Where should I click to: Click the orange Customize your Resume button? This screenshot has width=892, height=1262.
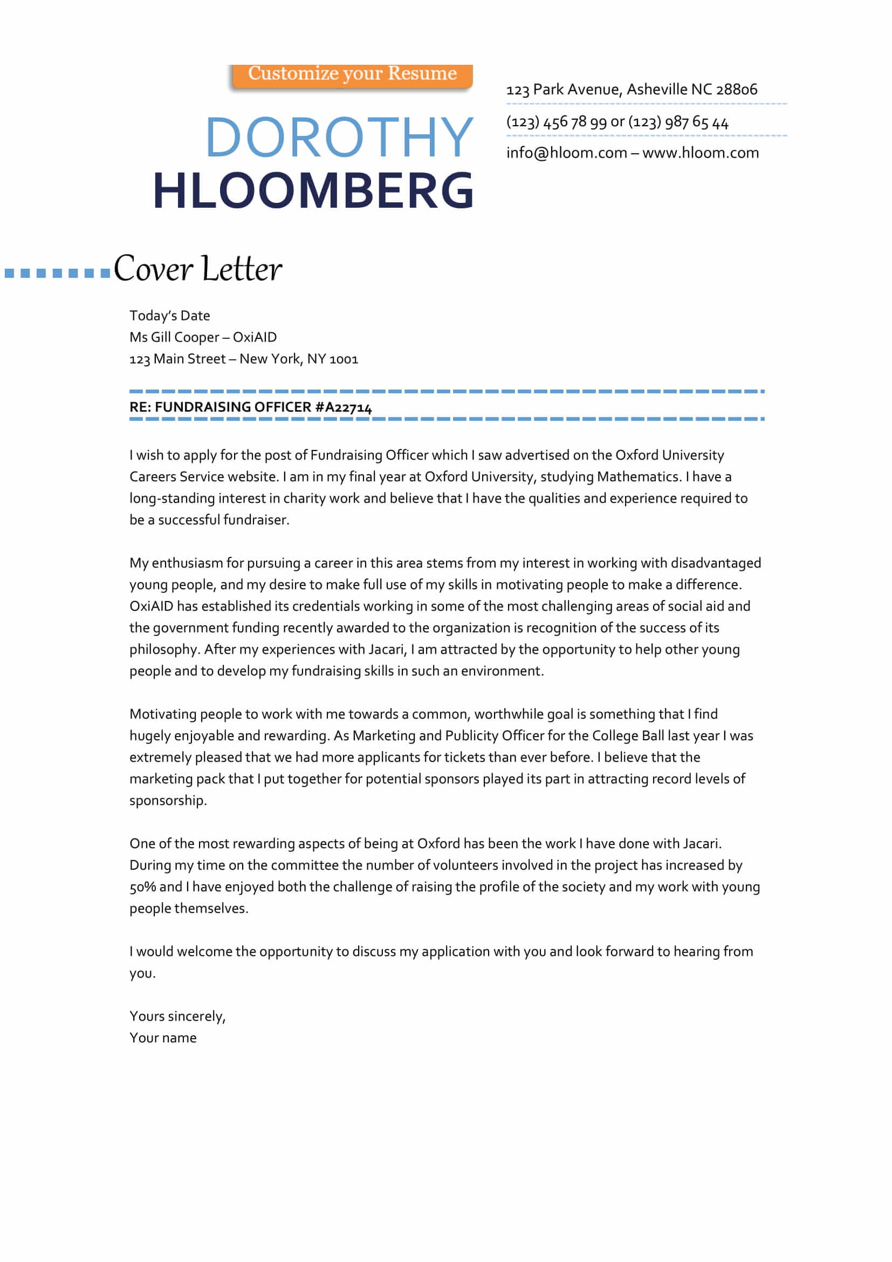click(352, 75)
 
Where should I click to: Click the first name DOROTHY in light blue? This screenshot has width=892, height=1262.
click(339, 138)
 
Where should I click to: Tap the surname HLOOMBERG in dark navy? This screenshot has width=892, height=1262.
click(313, 190)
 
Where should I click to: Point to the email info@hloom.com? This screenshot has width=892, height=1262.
click(566, 153)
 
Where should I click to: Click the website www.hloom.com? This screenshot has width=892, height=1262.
click(701, 153)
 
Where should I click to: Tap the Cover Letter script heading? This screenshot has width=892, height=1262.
click(198, 269)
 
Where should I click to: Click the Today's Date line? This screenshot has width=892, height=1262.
click(170, 316)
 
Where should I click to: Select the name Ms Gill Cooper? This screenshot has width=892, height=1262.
click(174, 337)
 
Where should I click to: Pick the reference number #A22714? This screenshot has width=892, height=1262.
click(344, 407)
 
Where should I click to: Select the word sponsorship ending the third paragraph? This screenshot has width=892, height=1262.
click(168, 800)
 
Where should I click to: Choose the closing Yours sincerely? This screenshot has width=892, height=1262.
click(177, 1017)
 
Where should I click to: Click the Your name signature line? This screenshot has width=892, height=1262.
click(163, 1038)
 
